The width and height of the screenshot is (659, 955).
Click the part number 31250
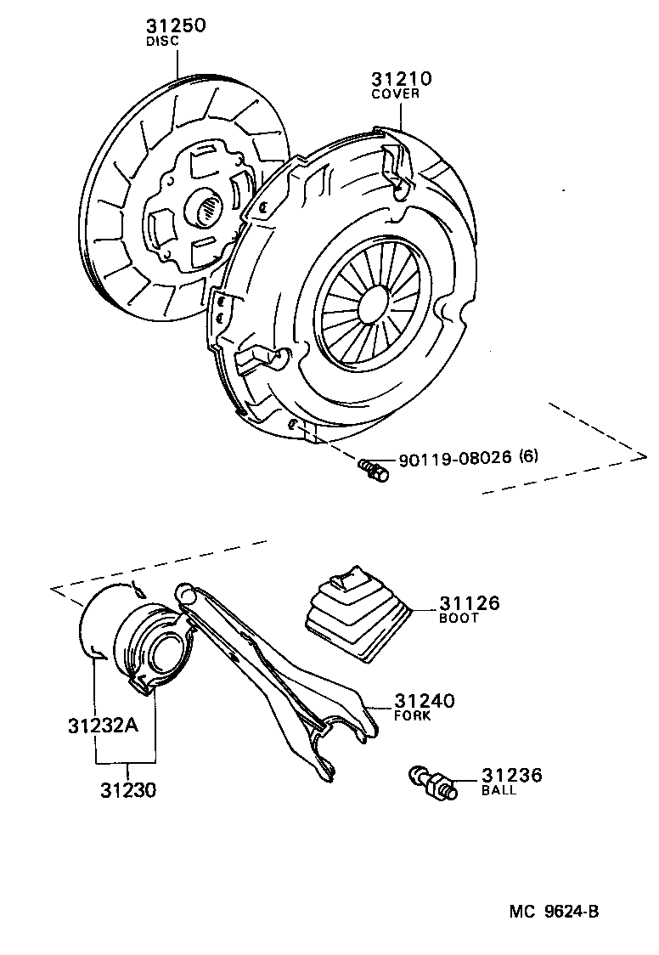click(177, 25)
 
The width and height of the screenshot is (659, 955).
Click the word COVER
click(396, 94)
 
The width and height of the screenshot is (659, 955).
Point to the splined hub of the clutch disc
click(206, 208)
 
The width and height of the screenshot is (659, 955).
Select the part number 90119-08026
click(453, 457)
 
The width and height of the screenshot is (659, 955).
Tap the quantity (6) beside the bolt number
click(527, 457)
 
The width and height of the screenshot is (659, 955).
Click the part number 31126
click(469, 603)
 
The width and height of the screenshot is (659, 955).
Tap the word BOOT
click(459, 619)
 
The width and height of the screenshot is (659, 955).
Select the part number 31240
click(424, 701)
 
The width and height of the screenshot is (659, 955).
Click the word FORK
click(412, 716)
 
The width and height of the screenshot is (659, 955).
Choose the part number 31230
click(127, 790)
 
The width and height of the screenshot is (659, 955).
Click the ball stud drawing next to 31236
click(433, 782)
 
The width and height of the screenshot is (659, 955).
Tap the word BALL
click(498, 790)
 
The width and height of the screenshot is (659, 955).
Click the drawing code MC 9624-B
click(555, 912)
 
